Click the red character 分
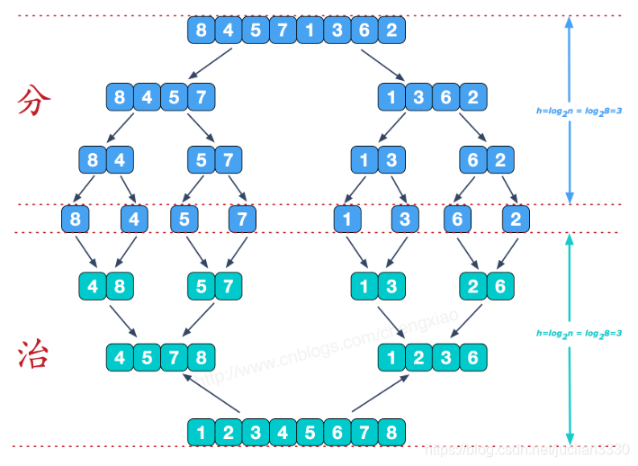coord(30,101)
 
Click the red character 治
coord(31,354)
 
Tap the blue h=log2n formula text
coord(579,112)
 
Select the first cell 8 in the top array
coord(201,31)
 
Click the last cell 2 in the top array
coord(391,31)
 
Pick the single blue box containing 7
coord(240,219)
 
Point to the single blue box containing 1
coord(348,219)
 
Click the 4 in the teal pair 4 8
coord(94,287)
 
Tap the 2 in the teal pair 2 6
coord(473,287)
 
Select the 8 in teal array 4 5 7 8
coord(202,357)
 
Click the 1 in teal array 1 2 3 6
coord(391,357)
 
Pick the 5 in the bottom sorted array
coord(310,432)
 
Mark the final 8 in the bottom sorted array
coord(391,432)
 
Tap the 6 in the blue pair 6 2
coord(473,161)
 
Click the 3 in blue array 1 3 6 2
coord(418,95)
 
